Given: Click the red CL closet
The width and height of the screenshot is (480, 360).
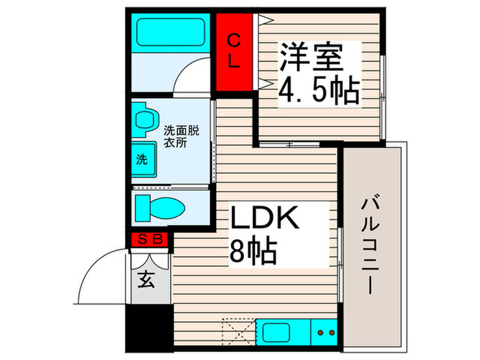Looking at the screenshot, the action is tap(234, 51).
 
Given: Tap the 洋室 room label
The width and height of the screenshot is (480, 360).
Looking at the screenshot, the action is tap(309, 56).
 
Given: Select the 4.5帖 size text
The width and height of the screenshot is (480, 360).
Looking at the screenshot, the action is tap(318, 90).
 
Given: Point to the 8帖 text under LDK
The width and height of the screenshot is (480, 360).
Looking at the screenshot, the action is tap(253, 252).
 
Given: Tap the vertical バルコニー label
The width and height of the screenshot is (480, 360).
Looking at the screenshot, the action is tap(373, 243).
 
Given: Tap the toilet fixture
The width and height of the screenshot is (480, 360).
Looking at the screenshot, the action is tap(158, 206).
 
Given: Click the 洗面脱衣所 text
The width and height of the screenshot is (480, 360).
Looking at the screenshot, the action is tap(180, 136).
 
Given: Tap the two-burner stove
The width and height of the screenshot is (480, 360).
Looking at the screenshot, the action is tap(324, 333).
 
